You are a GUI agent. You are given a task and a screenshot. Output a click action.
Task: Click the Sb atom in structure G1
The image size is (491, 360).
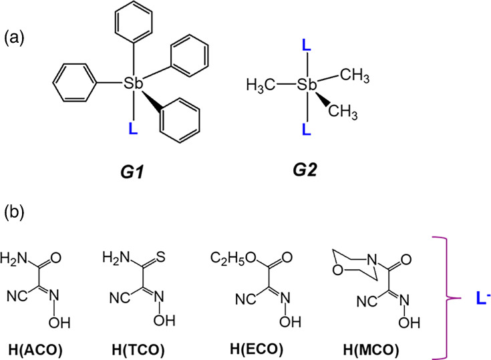(134, 83)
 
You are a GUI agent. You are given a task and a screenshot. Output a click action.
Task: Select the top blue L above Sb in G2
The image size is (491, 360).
(306, 45)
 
